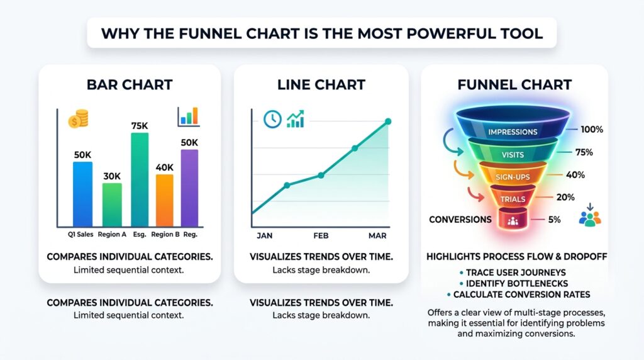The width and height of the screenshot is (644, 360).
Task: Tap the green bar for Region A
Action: [112, 204]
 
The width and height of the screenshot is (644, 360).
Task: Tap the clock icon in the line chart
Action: [272, 119]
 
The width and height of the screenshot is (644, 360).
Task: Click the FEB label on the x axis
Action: [320, 235]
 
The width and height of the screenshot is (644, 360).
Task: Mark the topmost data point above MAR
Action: [388, 121]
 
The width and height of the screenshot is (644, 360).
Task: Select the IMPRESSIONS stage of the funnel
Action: [513, 132]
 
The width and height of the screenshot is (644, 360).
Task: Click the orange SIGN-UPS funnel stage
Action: [513, 177]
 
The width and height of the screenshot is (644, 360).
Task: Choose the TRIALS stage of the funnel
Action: [513, 200]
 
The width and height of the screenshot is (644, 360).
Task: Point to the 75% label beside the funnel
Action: [584, 152]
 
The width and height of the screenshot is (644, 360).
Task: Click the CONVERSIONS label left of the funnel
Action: [460, 220]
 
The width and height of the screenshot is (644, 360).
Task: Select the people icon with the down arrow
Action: [590, 215]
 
